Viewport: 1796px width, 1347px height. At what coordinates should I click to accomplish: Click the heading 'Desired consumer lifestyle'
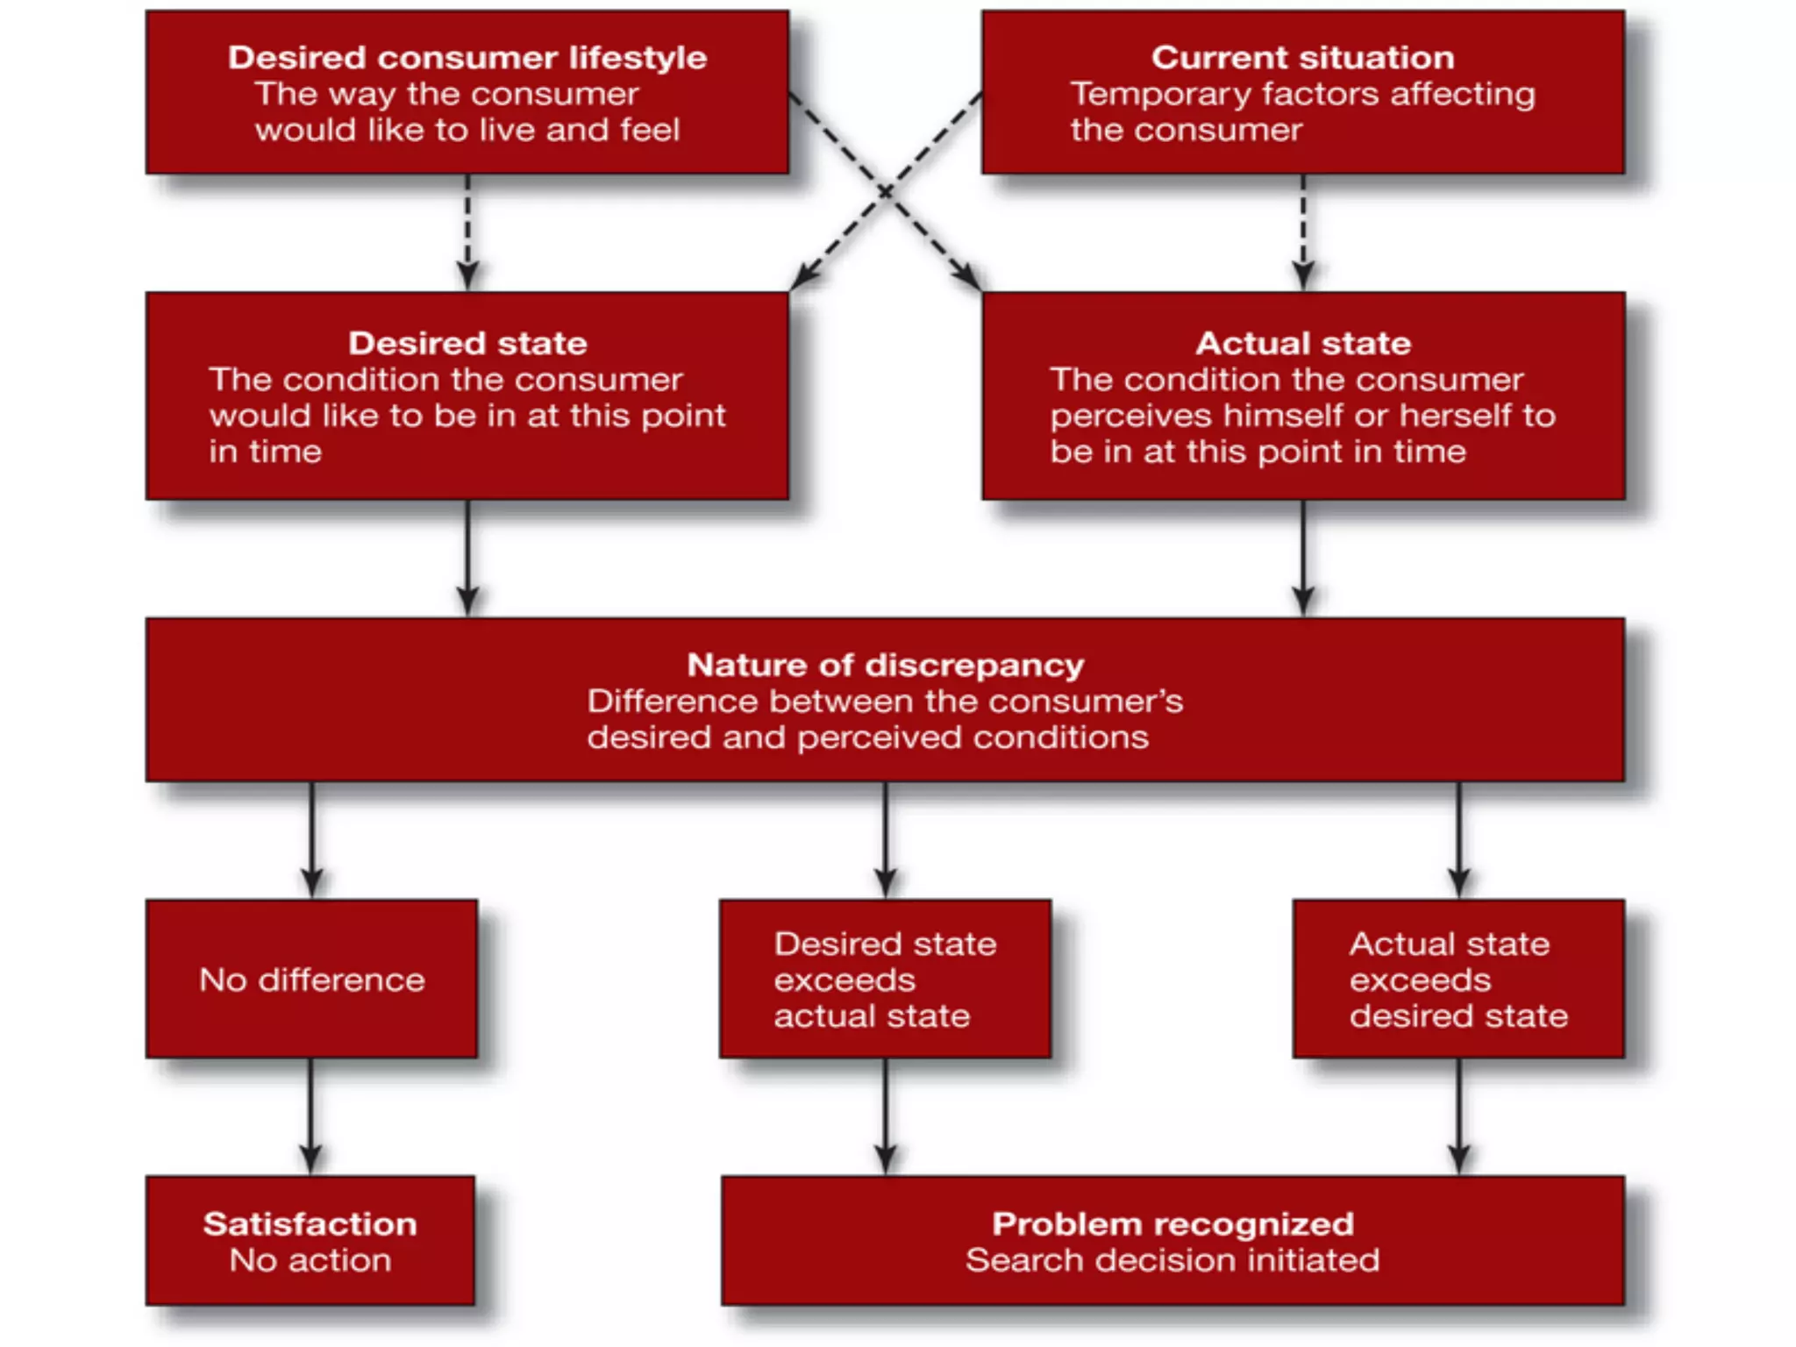pos(467,58)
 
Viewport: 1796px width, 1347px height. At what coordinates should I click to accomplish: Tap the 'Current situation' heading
pos(1302,58)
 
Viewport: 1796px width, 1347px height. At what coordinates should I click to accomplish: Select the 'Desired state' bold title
pos(467,343)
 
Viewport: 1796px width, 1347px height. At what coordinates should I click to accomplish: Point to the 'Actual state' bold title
pos(1303,343)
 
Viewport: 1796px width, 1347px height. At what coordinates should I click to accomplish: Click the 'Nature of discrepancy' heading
pos(885,665)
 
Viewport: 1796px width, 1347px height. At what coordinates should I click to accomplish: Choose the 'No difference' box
pos(311,980)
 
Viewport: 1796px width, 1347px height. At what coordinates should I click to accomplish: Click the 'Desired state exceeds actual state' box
pos(885,980)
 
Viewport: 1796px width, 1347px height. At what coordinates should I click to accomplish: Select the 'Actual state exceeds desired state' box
pos(1458,980)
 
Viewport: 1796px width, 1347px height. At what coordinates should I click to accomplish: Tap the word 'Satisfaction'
pos(310,1223)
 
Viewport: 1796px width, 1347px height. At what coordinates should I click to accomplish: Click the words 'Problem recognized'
pos(1172,1223)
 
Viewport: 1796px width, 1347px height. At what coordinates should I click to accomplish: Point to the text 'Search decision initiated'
pos(1172,1260)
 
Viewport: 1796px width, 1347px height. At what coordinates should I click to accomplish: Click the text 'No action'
pos(310,1260)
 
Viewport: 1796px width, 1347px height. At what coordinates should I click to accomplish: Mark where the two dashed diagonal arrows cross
pos(886,191)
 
